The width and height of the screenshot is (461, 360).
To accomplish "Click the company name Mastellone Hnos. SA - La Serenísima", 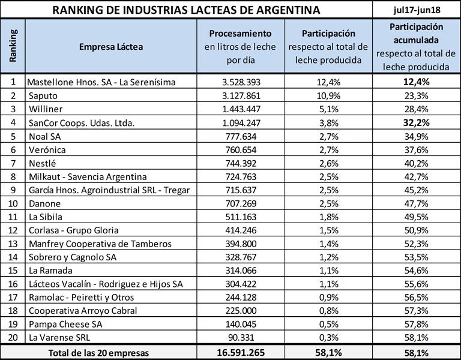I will point(103,82).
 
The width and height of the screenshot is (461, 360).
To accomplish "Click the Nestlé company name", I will point(42,163).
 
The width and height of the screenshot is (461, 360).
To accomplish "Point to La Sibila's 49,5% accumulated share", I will point(417,217).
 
